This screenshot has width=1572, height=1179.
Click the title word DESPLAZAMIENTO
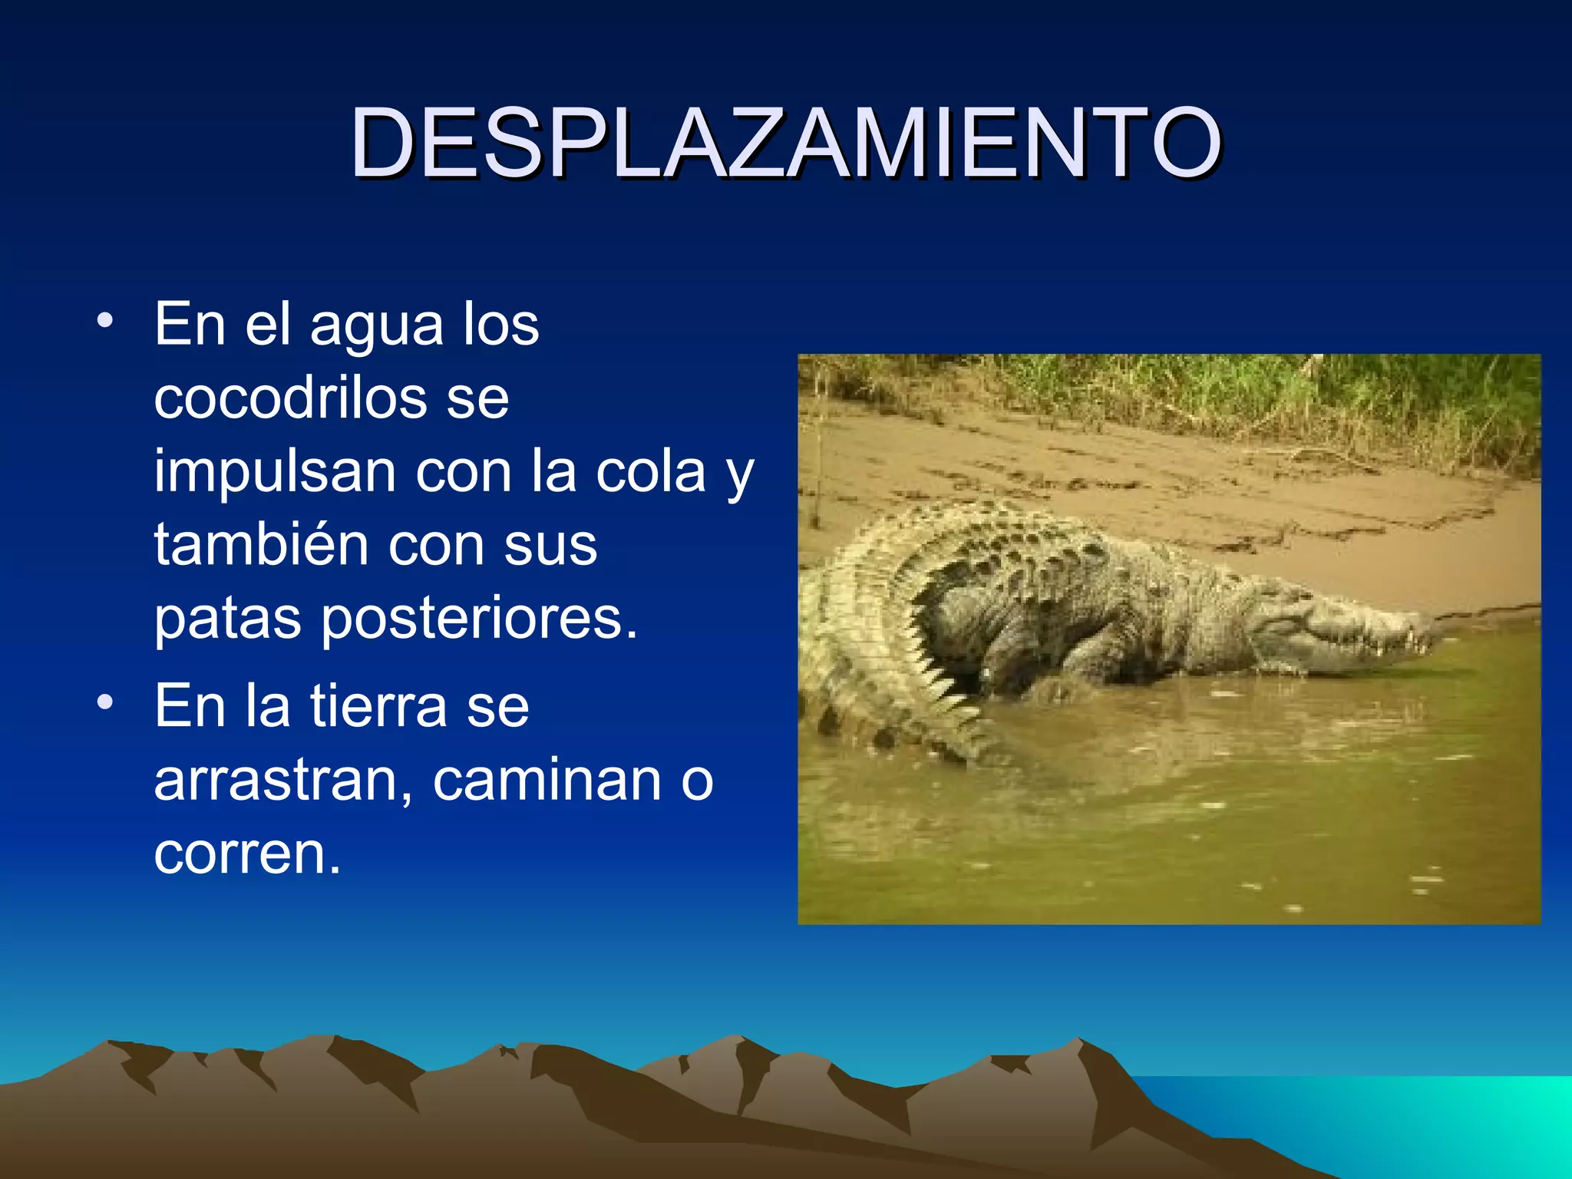[785, 143]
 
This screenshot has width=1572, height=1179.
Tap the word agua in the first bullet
[376, 325]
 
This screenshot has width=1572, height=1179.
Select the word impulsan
[275, 472]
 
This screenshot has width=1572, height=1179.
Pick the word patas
[227, 619]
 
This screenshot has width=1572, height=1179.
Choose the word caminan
[547, 780]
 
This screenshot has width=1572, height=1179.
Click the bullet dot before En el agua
[105, 321]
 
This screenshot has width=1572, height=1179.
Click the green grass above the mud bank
[1228, 391]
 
